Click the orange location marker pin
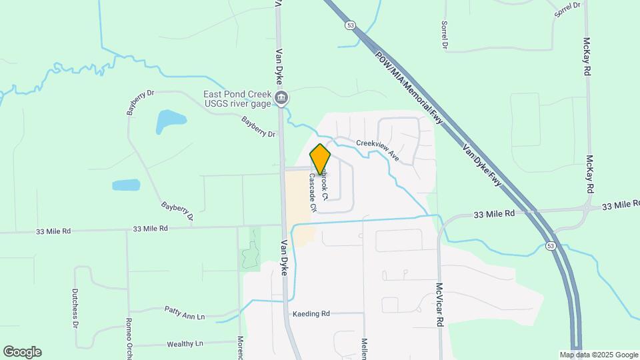coord(320,158)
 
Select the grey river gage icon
coord(282,99)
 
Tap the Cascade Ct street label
coord(311,193)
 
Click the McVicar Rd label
coord(439,305)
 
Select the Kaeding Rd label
coord(311,313)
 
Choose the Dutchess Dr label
coord(75,309)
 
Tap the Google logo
coord(22,352)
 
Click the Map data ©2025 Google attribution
coord(598,355)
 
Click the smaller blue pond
coord(126,185)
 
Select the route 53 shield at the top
coord(350,25)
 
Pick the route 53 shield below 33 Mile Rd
coord(551,245)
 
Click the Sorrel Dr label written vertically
coord(444,35)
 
